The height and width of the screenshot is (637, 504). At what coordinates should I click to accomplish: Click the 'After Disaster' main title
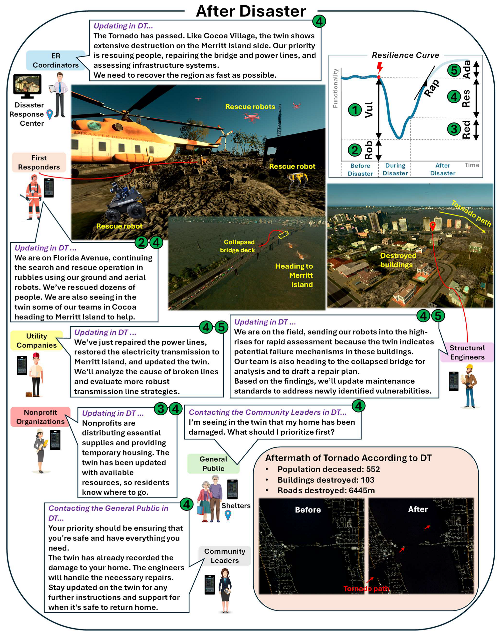[251, 11]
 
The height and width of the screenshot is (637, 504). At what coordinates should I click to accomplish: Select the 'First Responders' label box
[39, 162]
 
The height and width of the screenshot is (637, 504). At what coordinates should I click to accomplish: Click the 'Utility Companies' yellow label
[37, 340]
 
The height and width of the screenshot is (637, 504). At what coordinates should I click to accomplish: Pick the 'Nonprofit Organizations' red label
[40, 417]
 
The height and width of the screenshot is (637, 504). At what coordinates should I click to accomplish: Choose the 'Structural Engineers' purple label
[467, 352]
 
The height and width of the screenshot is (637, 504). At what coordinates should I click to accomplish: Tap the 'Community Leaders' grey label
[225, 556]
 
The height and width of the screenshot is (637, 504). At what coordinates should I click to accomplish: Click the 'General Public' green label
[213, 464]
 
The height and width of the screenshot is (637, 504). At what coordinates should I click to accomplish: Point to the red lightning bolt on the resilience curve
[380, 68]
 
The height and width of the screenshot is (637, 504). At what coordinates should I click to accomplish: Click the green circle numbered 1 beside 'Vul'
[355, 110]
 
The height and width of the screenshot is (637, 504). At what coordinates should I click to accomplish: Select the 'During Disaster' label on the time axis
[395, 169]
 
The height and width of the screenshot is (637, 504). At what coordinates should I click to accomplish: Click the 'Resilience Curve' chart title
[405, 55]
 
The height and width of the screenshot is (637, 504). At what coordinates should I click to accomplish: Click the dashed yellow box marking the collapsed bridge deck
[284, 235]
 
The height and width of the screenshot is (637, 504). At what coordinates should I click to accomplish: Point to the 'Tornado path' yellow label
[471, 213]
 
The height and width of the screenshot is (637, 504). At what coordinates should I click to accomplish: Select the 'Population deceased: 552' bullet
[328, 469]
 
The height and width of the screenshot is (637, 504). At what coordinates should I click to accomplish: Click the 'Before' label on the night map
[308, 510]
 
